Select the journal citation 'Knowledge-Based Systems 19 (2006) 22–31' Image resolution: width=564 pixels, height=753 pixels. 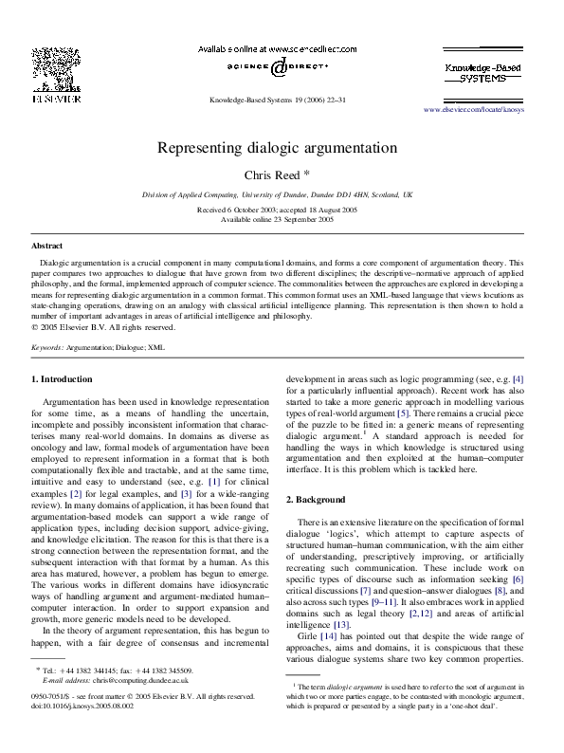[x=277, y=100]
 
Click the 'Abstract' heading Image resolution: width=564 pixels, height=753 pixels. [x=47, y=245]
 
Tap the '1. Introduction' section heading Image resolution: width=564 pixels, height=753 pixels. [x=63, y=379]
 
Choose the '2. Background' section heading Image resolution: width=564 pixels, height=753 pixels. [x=318, y=499]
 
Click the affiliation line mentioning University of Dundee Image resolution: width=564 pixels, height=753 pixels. [x=277, y=193]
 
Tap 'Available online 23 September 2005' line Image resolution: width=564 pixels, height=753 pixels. [x=277, y=219]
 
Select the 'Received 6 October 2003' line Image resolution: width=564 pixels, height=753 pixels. [x=277, y=210]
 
